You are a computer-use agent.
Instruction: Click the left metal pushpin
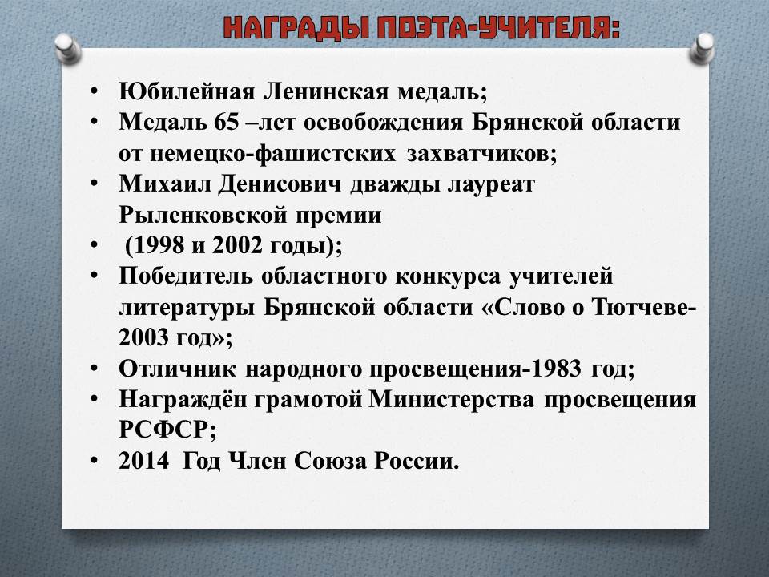pyautogui.click(x=67, y=48)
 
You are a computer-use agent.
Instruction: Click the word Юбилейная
pyautogui.click(x=187, y=91)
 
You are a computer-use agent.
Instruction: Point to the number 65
pyautogui.click(x=226, y=122)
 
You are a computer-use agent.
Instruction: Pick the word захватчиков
pyautogui.click(x=481, y=154)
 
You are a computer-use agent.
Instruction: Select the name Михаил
pyautogui.click(x=165, y=184)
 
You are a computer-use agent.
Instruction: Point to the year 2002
pyautogui.click(x=237, y=245)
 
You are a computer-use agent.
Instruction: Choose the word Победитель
pyautogui.click(x=186, y=276)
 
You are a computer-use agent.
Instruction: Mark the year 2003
pyautogui.click(x=143, y=337)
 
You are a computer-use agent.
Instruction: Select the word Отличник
pyautogui.click(x=177, y=369)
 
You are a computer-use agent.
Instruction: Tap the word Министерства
pyautogui.click(x=451, y=399)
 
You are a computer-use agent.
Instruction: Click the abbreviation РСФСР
pyautogui.click(x=163, y=430)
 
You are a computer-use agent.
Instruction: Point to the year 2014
pyautogui.click(x=143, y=461)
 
